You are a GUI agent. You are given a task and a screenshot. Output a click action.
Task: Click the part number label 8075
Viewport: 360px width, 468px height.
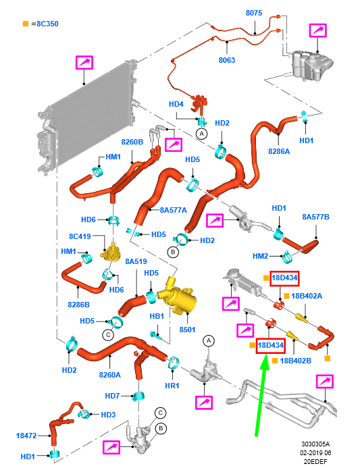[254, 13]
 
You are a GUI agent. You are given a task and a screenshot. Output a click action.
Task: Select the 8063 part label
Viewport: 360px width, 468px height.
[227, 60]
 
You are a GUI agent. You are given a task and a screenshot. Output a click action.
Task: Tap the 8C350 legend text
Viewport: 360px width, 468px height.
[47, 24]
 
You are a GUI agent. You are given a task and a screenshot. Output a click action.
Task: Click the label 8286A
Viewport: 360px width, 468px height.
[279, 151]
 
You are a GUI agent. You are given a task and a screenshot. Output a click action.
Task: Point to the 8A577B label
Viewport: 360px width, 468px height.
[315, 217]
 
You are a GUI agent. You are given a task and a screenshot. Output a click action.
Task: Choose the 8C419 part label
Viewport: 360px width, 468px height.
[80, 236]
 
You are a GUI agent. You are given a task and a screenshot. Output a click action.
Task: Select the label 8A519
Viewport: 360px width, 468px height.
[136, 261]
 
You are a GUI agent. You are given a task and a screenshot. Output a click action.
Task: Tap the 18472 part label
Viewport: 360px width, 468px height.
[26, 436]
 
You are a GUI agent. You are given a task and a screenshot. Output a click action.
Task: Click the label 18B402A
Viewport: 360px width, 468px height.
[307, 296]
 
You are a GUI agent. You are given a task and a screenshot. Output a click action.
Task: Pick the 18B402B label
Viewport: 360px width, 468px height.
[296, 361]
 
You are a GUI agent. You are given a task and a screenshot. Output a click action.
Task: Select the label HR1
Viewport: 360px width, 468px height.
[172, 386]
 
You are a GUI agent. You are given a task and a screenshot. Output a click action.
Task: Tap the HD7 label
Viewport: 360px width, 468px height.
[112, 396]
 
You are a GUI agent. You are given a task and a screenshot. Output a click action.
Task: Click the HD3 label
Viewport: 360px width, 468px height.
[108, 415]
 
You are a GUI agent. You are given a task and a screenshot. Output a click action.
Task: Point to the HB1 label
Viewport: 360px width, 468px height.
[157, 316]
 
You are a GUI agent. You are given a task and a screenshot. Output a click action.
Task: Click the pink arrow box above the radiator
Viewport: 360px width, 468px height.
[84, 63]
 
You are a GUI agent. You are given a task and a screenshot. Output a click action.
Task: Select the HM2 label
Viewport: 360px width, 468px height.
[260, 256]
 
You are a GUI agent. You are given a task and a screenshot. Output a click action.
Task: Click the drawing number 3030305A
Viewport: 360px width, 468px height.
[315, 444]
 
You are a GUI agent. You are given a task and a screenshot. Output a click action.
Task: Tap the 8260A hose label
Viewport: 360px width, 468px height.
[110, 375]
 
